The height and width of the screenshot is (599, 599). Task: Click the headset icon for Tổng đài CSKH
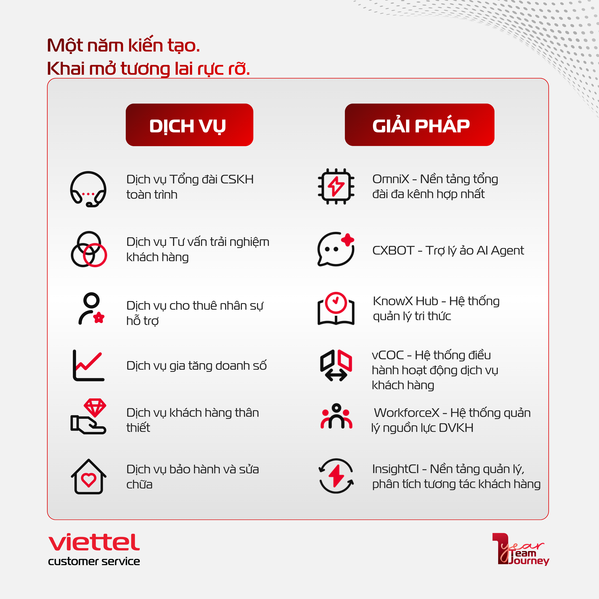88,189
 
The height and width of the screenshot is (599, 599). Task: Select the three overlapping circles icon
89,249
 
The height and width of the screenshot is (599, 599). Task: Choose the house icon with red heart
89,477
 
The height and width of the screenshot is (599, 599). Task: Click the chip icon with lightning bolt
336,186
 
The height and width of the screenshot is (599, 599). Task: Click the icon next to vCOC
336,365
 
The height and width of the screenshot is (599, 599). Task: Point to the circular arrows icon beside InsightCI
336,476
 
